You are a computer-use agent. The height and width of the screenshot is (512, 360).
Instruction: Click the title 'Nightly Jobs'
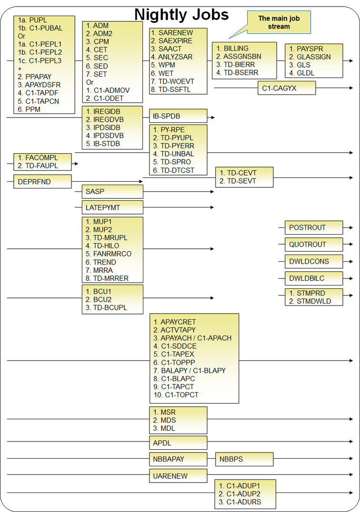point(181,14)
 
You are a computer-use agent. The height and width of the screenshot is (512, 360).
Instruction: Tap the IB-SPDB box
point(178,116)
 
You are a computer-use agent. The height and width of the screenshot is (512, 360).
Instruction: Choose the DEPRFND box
point(42,181)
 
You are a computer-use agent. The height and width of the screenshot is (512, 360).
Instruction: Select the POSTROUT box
point(313,227)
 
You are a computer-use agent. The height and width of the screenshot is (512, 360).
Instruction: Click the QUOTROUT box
point(313,245)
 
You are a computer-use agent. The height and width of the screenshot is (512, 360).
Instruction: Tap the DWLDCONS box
point(313,261)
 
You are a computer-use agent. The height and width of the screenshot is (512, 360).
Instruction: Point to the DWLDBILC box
point(313,278)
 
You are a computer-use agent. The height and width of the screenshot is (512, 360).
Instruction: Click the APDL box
point(178,443)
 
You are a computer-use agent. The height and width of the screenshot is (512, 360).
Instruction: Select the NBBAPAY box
point(178,459)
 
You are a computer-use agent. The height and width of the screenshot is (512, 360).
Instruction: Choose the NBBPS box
point(244,459)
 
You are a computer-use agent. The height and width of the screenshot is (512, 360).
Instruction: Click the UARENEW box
point(178,476)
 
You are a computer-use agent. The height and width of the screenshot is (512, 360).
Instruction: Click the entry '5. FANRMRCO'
point(109,254)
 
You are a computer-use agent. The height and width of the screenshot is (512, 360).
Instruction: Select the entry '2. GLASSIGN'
point(310,57)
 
